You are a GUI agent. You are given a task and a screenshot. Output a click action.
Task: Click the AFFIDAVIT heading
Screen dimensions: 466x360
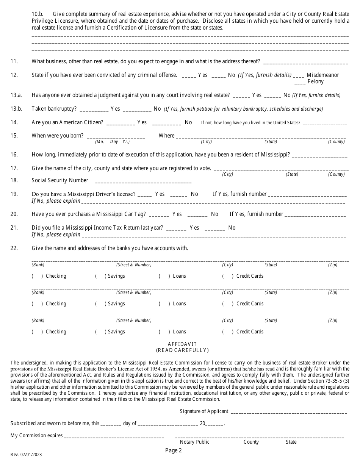tap(182, 344)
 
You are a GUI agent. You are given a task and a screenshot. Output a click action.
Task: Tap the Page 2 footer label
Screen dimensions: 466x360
tap(174, 450)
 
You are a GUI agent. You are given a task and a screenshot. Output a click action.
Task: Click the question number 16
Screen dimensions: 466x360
tap(14, 154)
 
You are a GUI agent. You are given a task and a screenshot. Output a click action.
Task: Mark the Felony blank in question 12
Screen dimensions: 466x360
tap(299, 82)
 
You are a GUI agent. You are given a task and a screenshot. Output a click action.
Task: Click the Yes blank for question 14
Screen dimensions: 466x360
tap(121, 123)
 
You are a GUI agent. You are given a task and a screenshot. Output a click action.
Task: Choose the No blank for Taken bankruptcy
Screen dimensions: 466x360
tap(137, 109)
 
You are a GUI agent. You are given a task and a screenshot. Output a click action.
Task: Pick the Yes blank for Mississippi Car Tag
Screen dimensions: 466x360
tap(159, 215)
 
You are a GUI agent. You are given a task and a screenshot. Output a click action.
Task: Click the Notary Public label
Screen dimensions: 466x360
tap(194, 442)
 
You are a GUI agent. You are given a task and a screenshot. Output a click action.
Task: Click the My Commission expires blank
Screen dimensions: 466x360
tap(114, 436)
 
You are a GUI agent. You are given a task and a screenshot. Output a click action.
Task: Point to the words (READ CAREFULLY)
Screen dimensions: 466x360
tap(182, 350)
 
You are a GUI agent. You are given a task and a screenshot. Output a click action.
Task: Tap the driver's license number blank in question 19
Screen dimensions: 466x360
tap(307, 195)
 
